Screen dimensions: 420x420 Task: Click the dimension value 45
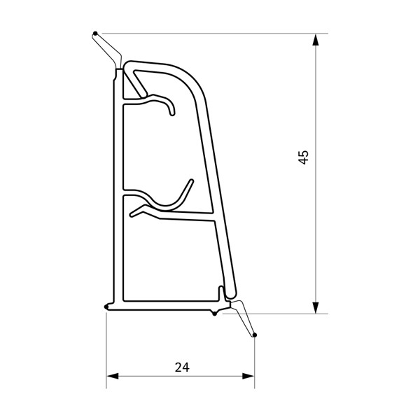tap(304, 157)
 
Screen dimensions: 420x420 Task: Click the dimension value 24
tap(182, 367)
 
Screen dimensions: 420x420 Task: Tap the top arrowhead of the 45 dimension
tap(316, 40)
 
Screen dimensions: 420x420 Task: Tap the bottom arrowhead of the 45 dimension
tap(316, 307)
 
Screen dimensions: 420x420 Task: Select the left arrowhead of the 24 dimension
tap(113, 376)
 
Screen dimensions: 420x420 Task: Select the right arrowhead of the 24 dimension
tap(248, 376)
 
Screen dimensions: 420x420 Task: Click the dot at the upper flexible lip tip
tap(95, 34)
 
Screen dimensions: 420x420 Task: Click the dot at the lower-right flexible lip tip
tap(255, 335)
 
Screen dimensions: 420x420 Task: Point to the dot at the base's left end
tap(106, 307)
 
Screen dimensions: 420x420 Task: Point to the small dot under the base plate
tap(214, 314)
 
